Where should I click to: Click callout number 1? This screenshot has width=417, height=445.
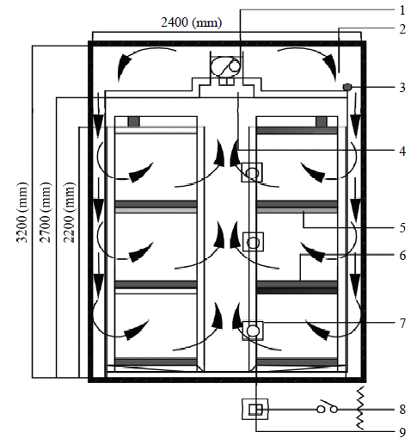[x=402, y=10]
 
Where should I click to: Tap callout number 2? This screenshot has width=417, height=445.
[x=402, y=29]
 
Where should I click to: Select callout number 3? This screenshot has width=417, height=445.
[x=402, y=88]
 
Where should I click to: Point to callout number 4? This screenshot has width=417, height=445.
[x=402, y=151]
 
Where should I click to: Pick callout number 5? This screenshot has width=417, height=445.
[x=402, y=228]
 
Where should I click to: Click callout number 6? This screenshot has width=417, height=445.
[x=402, y=256]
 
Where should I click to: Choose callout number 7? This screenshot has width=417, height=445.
[x=402, y=324]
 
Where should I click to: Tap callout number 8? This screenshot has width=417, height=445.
[x=402, y=410]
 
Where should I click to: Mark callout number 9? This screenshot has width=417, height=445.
[x=402, y=432]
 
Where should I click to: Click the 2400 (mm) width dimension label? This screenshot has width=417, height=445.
[x=192, y=22]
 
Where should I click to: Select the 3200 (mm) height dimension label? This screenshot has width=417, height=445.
[x=22, y=213]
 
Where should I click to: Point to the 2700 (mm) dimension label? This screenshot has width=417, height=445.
[x=46, y=213]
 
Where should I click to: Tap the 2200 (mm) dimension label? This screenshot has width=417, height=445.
[x=70, y=213]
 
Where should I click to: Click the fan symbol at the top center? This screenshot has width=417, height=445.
[x=225, y=66]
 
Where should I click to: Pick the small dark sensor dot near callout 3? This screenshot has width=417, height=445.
[x=347, y=87]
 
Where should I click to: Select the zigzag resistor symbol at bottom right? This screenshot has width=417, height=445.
[x=360, y=408]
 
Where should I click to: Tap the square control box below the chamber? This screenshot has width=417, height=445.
[x=255, y=410]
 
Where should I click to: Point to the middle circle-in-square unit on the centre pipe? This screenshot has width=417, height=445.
[x=253, y=242]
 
